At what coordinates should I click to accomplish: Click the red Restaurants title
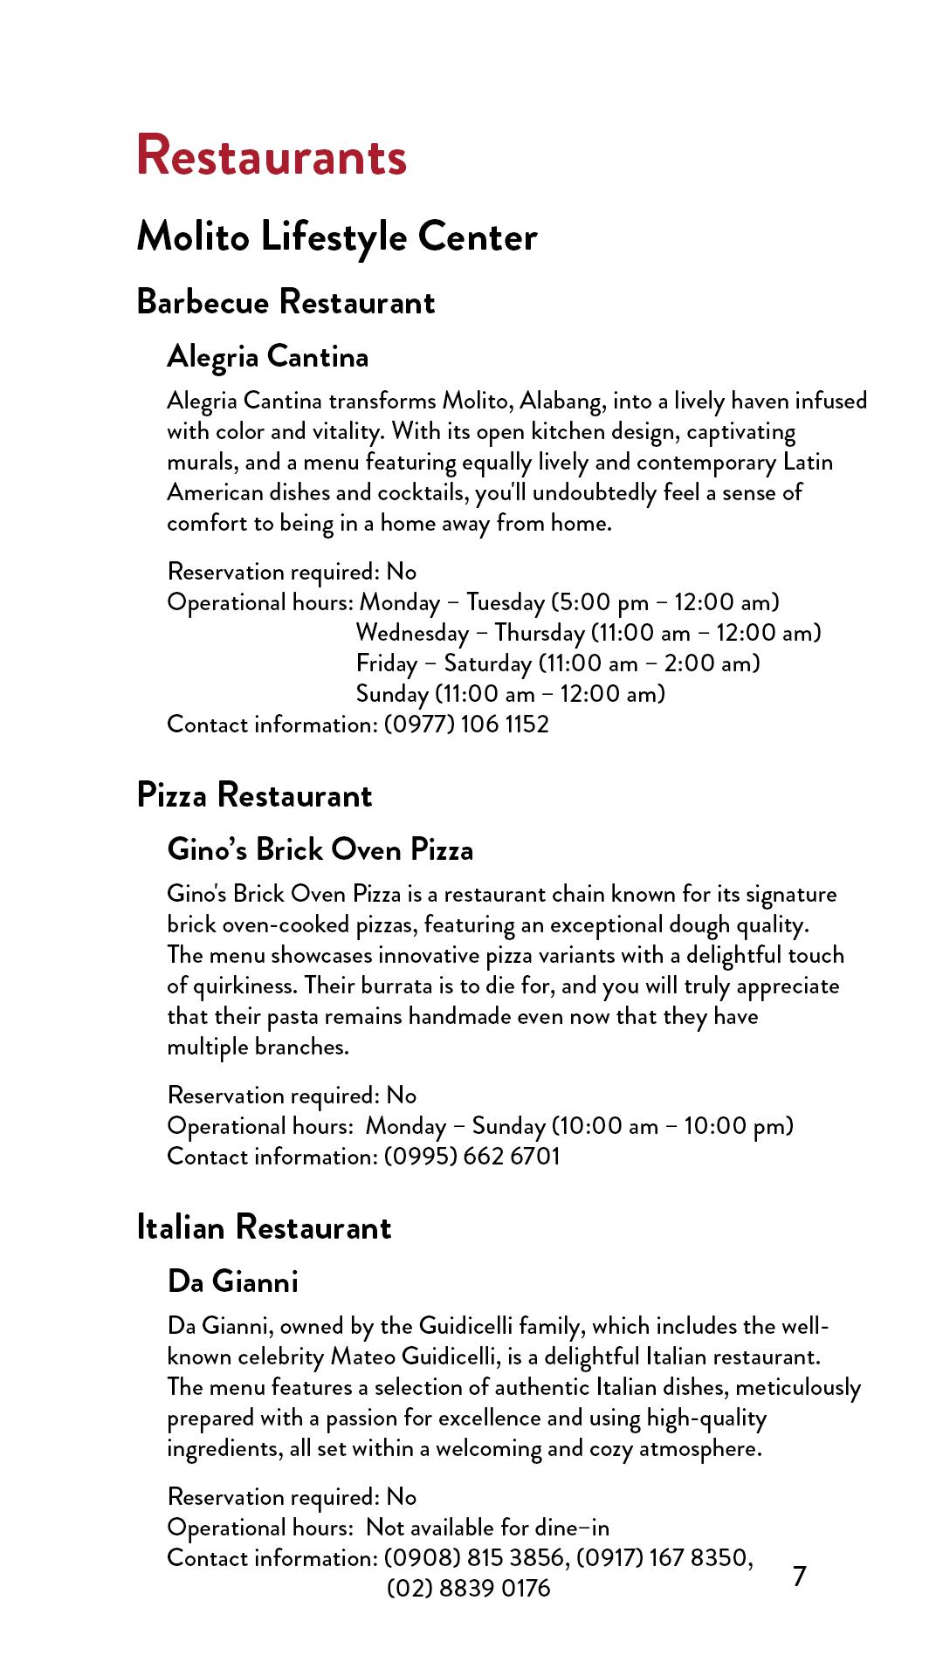[272, 156]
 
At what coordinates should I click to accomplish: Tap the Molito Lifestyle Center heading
[337, 237]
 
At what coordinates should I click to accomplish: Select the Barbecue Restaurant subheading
[286, 302]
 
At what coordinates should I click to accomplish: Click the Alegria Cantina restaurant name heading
[268, 356]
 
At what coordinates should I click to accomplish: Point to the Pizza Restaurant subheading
[254, 795]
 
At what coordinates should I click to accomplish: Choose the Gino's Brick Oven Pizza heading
[320, 849]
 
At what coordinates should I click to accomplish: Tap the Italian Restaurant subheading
[264, 1227]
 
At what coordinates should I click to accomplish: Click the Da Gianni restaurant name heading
[233, 1281]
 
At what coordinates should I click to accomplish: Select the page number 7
[799, 1576]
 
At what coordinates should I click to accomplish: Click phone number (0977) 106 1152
[466, 725]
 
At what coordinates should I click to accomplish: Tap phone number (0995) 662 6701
[471, 1157]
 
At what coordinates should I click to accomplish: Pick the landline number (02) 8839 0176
[469, 1588]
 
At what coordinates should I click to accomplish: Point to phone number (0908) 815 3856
[475, 1558]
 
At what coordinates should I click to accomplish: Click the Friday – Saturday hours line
[558, 663]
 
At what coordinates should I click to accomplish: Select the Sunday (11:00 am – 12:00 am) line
[511, 694]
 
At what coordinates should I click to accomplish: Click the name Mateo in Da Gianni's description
[363, 1357]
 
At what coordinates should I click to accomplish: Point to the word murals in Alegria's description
[198, 462]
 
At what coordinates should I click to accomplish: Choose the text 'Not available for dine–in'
[487, 1528]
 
